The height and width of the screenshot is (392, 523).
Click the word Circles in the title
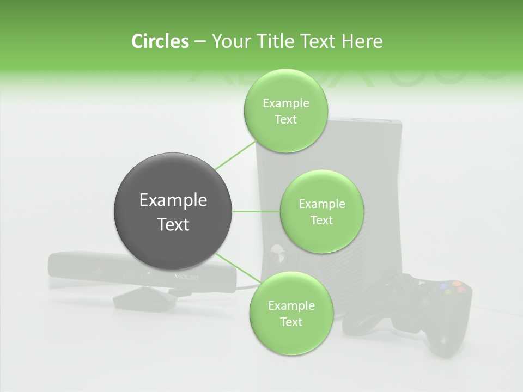point(160,41)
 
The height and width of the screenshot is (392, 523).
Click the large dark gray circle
point(173,211)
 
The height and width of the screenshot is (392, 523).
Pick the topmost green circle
point(285,111)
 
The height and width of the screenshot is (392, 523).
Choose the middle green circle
point(321,211)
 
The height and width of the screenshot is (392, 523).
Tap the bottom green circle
point(290,313)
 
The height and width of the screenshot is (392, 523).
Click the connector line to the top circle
point(235,155)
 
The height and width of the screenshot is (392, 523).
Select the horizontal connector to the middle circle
point(256,211)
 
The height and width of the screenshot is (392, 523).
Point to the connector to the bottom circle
point(235,267)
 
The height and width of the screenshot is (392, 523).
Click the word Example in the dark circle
point(173,200)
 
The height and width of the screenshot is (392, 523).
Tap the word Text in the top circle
point(285,120)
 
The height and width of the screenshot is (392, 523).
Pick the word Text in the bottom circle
point(290,322)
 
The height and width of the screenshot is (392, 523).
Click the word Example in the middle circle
point(321,204)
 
